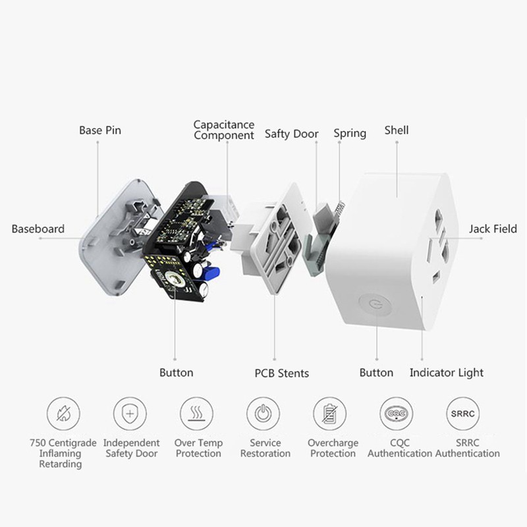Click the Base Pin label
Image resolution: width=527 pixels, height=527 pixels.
click(100, 130)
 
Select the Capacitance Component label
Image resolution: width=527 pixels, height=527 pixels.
click(223, 130)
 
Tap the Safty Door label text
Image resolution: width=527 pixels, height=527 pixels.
click(291, 134)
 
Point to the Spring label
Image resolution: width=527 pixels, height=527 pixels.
click(349, 133)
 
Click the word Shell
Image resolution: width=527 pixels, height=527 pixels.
click(397, 130)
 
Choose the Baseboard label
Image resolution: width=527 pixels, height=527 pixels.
click(38, 229)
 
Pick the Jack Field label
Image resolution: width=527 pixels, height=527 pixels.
click(493, 229)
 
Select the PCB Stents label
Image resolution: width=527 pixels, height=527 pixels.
click(282, 374)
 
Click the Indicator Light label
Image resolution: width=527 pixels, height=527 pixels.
click(446, 373)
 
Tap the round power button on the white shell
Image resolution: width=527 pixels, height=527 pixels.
click(374, 304)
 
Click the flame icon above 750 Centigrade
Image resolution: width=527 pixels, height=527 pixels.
click(64, 414)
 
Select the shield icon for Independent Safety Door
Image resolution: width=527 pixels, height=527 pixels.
click(130, 414)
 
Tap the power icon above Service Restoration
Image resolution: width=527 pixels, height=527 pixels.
click(263, 414)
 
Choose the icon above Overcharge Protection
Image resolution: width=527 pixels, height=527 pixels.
click(330, 414)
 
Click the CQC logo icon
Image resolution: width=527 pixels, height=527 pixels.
click(397, 414)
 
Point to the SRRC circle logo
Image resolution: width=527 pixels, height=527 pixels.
click(463, 414)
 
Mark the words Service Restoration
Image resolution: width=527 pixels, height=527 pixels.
click(265, 448)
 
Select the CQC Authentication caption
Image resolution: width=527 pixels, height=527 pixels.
click(400, 448)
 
